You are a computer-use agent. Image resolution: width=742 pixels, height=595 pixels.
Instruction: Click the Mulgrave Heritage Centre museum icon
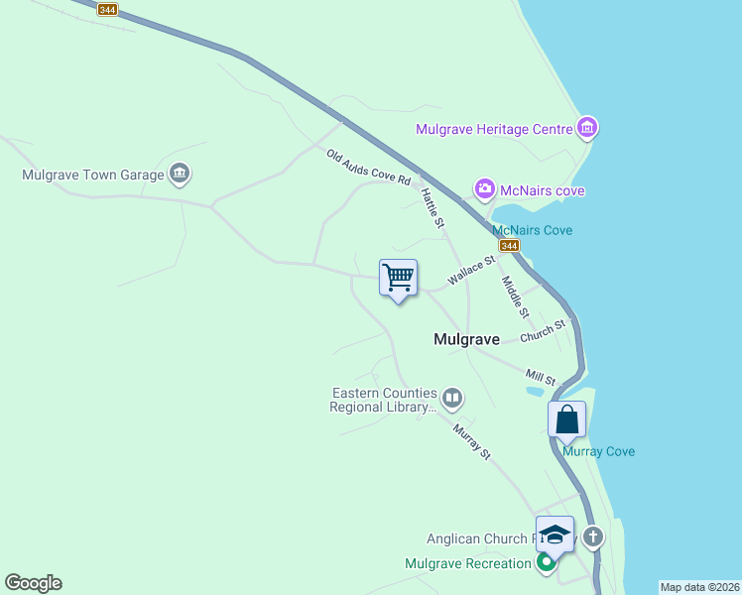click(x=588, y=128)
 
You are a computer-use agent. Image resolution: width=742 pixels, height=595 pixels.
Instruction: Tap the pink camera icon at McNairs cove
click(x=484, y=189)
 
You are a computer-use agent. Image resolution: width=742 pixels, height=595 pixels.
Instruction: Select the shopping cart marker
click(x=398, y=278)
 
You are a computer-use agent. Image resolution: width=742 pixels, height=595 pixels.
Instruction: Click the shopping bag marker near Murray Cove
click(x=566, y=418)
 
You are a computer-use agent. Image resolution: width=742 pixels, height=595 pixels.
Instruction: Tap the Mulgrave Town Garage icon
click(x=180, y=175)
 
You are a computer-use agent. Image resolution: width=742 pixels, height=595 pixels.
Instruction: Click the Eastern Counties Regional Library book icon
click(x=452, y=399)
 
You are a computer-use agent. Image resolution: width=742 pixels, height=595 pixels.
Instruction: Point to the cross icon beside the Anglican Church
click(x=593, y=537)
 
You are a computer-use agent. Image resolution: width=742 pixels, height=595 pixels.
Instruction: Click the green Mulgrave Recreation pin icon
click(x=546, y=563)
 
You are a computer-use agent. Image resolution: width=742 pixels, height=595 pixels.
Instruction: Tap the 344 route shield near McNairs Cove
click(x=509, y=245)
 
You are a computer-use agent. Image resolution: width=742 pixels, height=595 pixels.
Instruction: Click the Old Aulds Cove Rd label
click(x=368, y=167)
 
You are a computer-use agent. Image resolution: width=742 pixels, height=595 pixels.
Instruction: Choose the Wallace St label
click(x=471, y=272)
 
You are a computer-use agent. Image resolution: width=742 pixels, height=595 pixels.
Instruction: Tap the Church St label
click(x=542, y=330)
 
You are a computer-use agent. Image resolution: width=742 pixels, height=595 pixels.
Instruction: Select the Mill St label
click(x=541, y=378)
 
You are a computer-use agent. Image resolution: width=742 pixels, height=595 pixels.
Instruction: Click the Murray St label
click(x=472, y=441)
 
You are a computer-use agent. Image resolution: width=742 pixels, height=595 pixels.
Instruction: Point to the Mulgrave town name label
click(x=466, y=339)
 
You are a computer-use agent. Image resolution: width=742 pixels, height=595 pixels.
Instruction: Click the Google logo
click(x=33, y=583)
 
